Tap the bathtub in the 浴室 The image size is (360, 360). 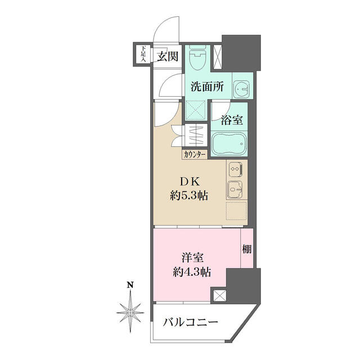click(229, 143)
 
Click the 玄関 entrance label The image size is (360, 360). click(168, 56)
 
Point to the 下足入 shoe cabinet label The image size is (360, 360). click(144, 54)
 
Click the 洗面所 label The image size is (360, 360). click(207, 87)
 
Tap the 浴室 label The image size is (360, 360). click(232, 120)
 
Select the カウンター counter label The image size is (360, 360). click(195, 155)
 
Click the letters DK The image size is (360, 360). click(190, 182)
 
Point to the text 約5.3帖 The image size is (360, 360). click(189, 196)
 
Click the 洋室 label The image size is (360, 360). click(192, 258)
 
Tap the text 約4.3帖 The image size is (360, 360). click(192, 272)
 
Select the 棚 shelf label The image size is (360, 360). click(247, 249)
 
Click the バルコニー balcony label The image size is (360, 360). click(190, 322)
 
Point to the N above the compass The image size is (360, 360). click(130, 285)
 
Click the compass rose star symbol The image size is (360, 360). click(130, 312)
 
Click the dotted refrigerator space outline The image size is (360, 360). click(236, 211)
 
